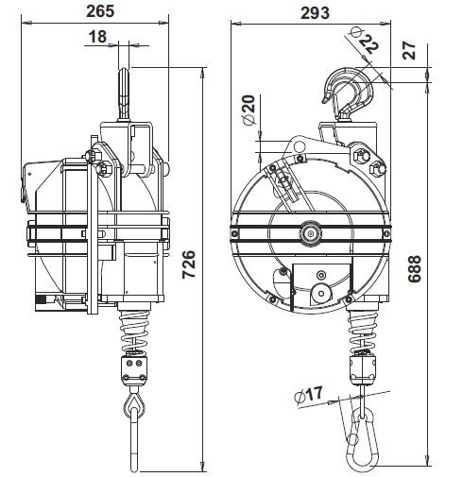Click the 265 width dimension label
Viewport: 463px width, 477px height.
100,11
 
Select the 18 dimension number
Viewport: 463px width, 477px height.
97,37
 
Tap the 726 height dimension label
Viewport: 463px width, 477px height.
189,264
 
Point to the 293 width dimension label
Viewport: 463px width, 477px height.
316,13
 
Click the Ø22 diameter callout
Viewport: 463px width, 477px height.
365,41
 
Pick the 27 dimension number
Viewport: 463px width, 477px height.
409,50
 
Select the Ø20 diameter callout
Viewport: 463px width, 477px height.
249,111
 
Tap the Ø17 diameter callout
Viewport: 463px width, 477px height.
309,394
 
